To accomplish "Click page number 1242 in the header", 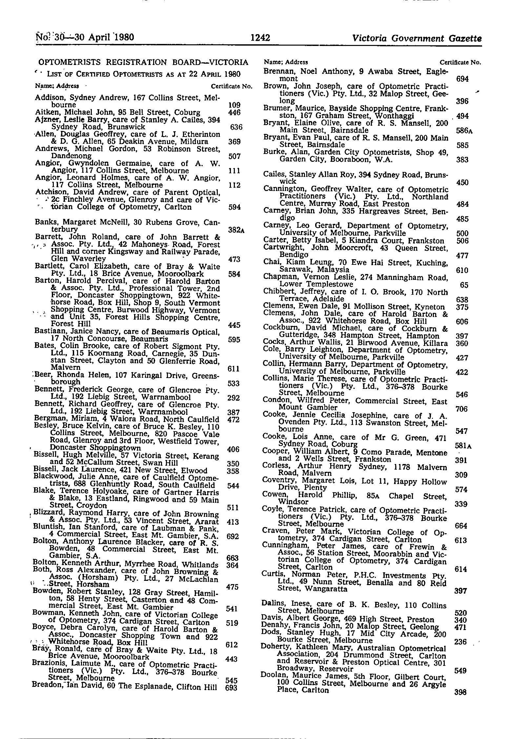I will pos(260,38).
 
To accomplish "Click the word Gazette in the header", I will pos(463,38).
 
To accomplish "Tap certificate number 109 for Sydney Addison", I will pos(234,105).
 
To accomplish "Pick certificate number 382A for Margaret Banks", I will pos(236,230).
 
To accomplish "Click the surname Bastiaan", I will pos(48,332).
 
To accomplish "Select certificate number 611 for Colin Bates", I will pos(233,369).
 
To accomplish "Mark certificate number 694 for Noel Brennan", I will pos(462,79).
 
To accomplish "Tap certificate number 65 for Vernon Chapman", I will pos(464,285).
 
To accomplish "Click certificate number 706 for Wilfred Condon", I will pos(461,409).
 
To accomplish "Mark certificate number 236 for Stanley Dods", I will pos(460,642).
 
